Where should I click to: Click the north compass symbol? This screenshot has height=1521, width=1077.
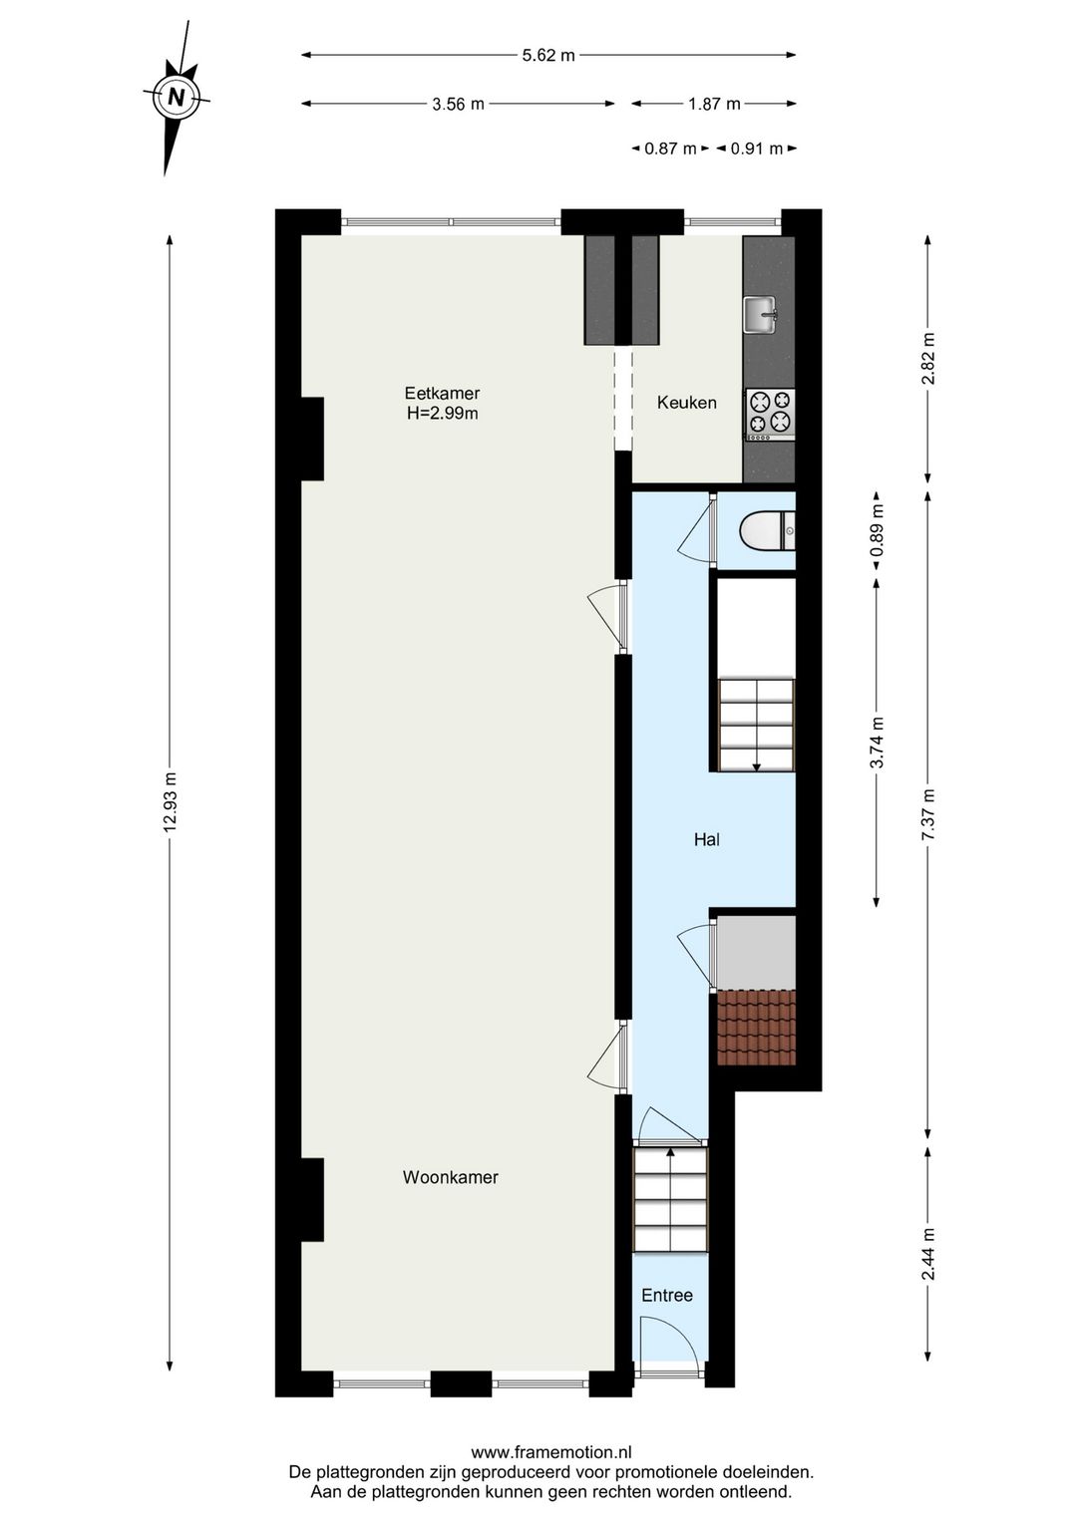(177, 98)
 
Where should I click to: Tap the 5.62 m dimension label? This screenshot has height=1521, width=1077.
(548, 56)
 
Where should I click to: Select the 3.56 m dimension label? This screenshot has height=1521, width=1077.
(458, 104)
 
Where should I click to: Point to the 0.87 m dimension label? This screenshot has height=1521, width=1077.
(670, 149)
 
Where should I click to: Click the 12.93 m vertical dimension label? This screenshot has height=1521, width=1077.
(171, 802)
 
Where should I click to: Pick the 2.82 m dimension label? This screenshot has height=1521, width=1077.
(928, 359)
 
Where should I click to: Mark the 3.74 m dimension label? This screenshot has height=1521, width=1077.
(877, 743)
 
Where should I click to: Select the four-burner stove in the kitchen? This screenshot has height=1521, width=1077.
(771, 414)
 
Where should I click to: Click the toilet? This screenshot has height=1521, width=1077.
(766, 531)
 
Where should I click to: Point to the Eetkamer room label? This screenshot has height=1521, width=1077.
(442, 393)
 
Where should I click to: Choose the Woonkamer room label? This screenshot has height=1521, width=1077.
(450, 1177)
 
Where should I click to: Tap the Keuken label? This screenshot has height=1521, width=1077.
(686, 403)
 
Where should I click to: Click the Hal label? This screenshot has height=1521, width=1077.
(706, 840)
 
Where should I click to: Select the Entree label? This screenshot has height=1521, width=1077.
(666, 1295)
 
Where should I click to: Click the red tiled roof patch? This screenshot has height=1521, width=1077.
(756, 1028)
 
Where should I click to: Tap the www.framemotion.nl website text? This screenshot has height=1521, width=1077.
(550, 1453)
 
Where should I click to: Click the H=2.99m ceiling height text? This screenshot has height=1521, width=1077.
(442, 414)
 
